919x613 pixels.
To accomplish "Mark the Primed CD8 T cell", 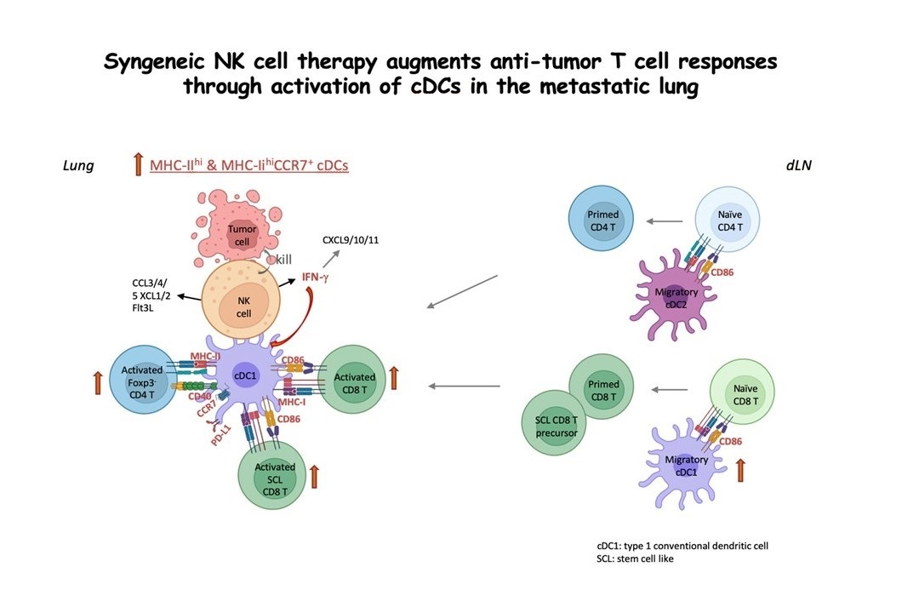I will tap(603, 389).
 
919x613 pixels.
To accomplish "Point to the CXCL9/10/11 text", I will tap(351, 240).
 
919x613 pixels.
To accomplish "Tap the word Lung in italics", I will tap(78, 166).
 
